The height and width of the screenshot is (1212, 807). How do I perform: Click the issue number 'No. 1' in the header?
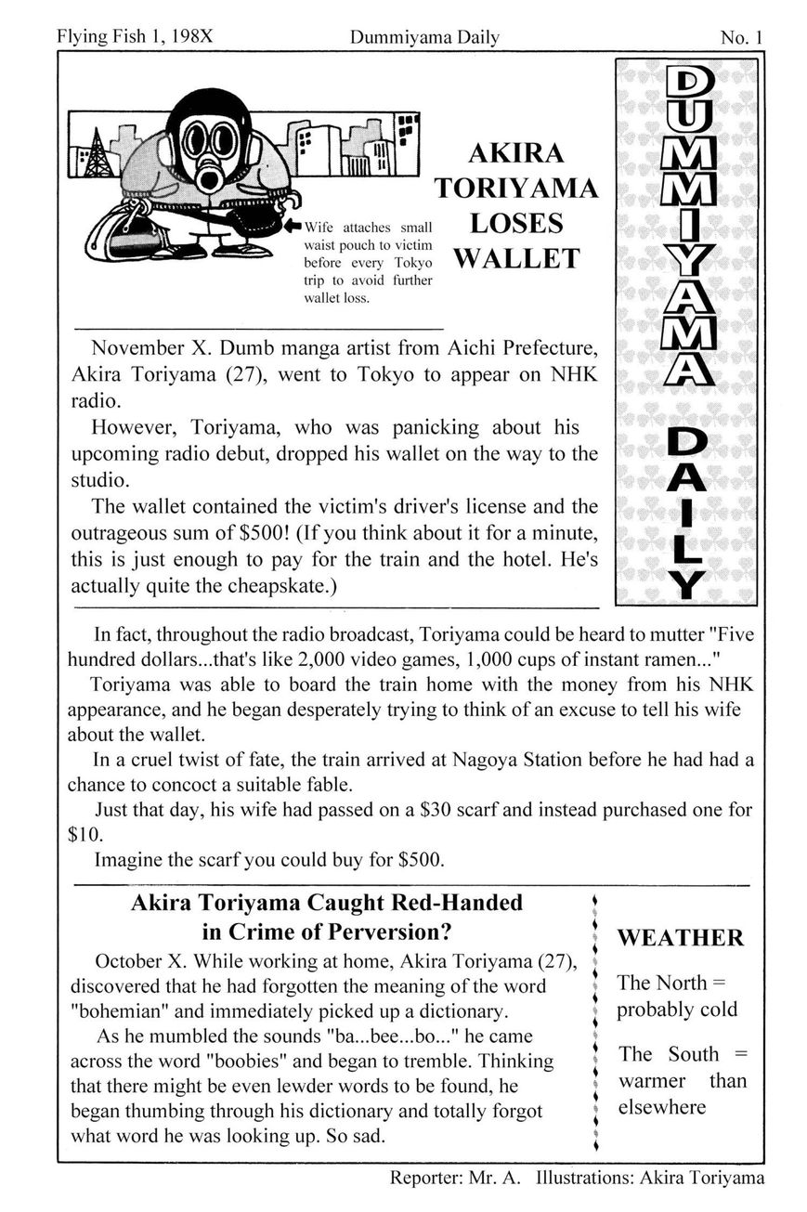[740, 38]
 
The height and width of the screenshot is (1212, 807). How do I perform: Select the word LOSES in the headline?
[516, 223]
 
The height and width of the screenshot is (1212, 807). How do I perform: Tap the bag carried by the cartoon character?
[121, 232]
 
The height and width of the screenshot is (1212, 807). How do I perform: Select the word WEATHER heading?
[680, 938]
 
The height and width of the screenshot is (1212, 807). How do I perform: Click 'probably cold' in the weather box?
[677, 1010]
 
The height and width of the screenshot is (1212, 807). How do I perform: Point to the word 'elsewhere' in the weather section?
[661, 1107]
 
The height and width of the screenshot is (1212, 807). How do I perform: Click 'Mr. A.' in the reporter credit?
[502, 1179]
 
